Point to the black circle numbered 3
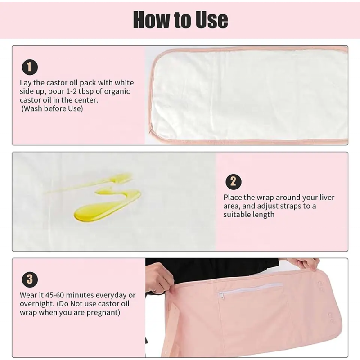click(30, 279)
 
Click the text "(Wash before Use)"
click(52, 108)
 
